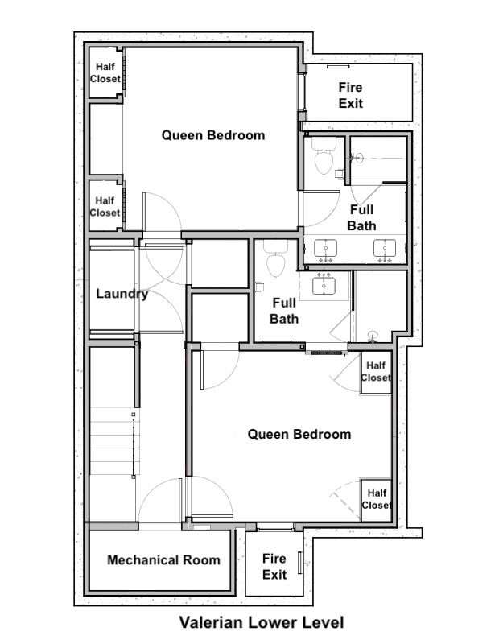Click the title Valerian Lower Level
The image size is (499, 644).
[x=262, y=622]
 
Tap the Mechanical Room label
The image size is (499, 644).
[x=163, y=559]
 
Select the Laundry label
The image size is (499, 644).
[x=122, y=294]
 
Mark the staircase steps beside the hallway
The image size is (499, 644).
[x=114, y=440]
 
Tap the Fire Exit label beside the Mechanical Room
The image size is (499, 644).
[x=274, y=567]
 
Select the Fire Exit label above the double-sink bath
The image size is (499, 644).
[x=350, y=95]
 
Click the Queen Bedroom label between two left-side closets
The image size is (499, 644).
[x=213, y=135]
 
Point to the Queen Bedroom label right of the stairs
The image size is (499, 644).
[x=299, y=434]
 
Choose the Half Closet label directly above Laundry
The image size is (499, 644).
[x=105, y=207]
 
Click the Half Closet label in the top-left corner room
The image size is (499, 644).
[x=105, y=72]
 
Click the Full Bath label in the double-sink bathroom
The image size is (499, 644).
[x=362, y=217]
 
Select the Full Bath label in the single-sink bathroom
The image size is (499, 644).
[x=284, y=311]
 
